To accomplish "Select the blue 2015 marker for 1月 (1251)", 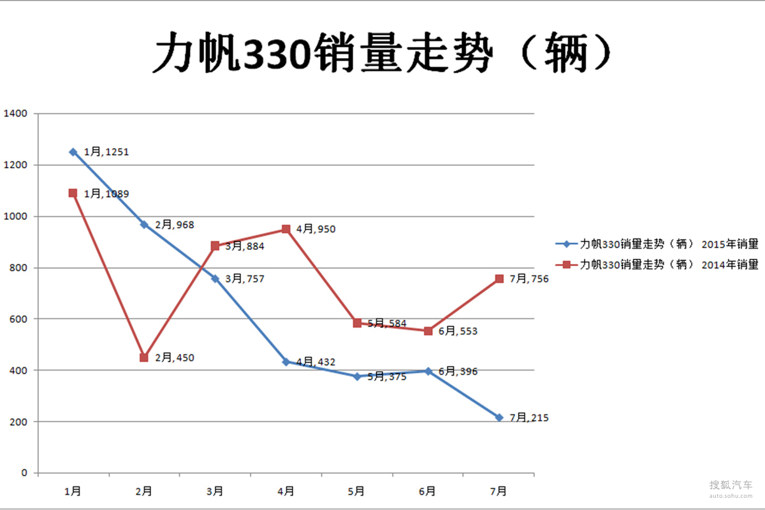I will tap(73, 152).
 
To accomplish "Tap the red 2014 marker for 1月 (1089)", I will tap(73, 193).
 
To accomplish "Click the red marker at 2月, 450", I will tap(144, 358).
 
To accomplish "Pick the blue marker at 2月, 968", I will tap(144, 224).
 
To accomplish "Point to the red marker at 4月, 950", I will tap(286, 229).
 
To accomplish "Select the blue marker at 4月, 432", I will tap(286, 362).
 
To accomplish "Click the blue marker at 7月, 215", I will tap(499, 418).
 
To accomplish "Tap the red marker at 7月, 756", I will tap(499, 279).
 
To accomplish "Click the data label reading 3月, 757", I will tap(245, 279).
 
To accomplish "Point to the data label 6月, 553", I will tap(458, 331).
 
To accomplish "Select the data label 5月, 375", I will tap(387, 377).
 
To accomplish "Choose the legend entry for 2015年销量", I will tap(657, 244).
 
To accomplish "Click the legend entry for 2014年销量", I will tap(657, 265).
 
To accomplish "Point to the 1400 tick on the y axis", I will tap(16, 113).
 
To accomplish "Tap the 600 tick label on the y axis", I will tap(19, 319).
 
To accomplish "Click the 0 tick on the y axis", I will tap(25, 473).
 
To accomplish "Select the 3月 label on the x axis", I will tap(215, 491).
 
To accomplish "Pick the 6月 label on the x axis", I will tap(428, 491).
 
